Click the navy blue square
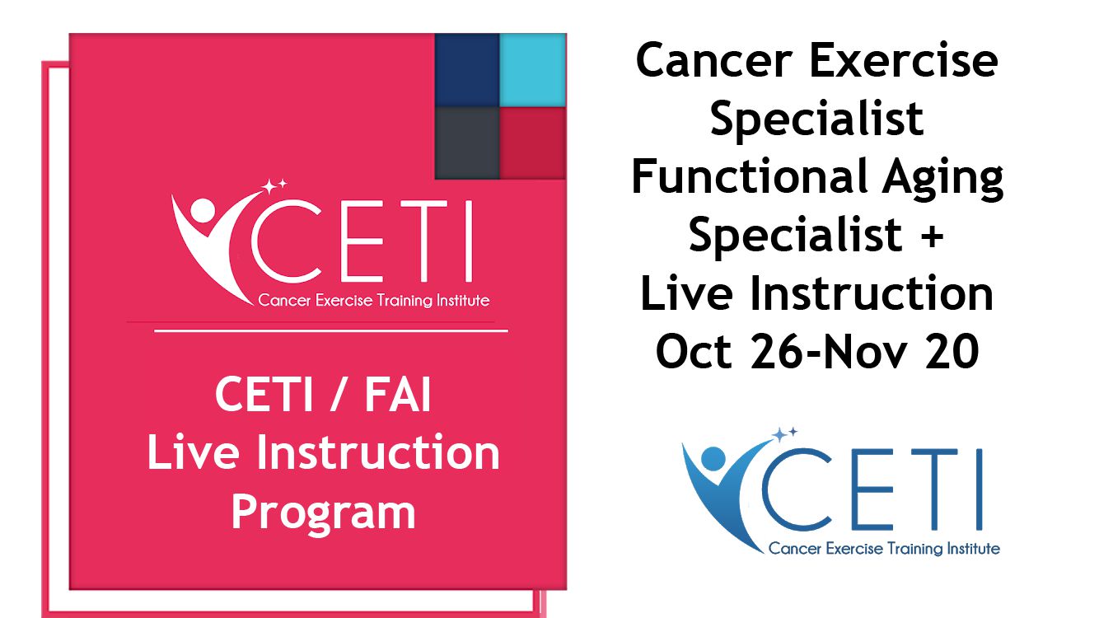click(467, 70)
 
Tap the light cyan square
click(533, 70)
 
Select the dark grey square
click(467, 143)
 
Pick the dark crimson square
click(533, 143)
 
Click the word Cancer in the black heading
click(714, 60)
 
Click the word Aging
click(942, 179)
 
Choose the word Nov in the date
click(864, 352)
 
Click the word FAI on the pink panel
click(398, 394)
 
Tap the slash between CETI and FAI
click(338, 394)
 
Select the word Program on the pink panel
click(323, 514)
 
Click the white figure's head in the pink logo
click(203, 211)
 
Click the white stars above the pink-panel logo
click(274, 186)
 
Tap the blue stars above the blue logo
click(784, 434)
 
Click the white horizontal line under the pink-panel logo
click(331, 331)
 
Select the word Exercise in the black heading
click(904, 60)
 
